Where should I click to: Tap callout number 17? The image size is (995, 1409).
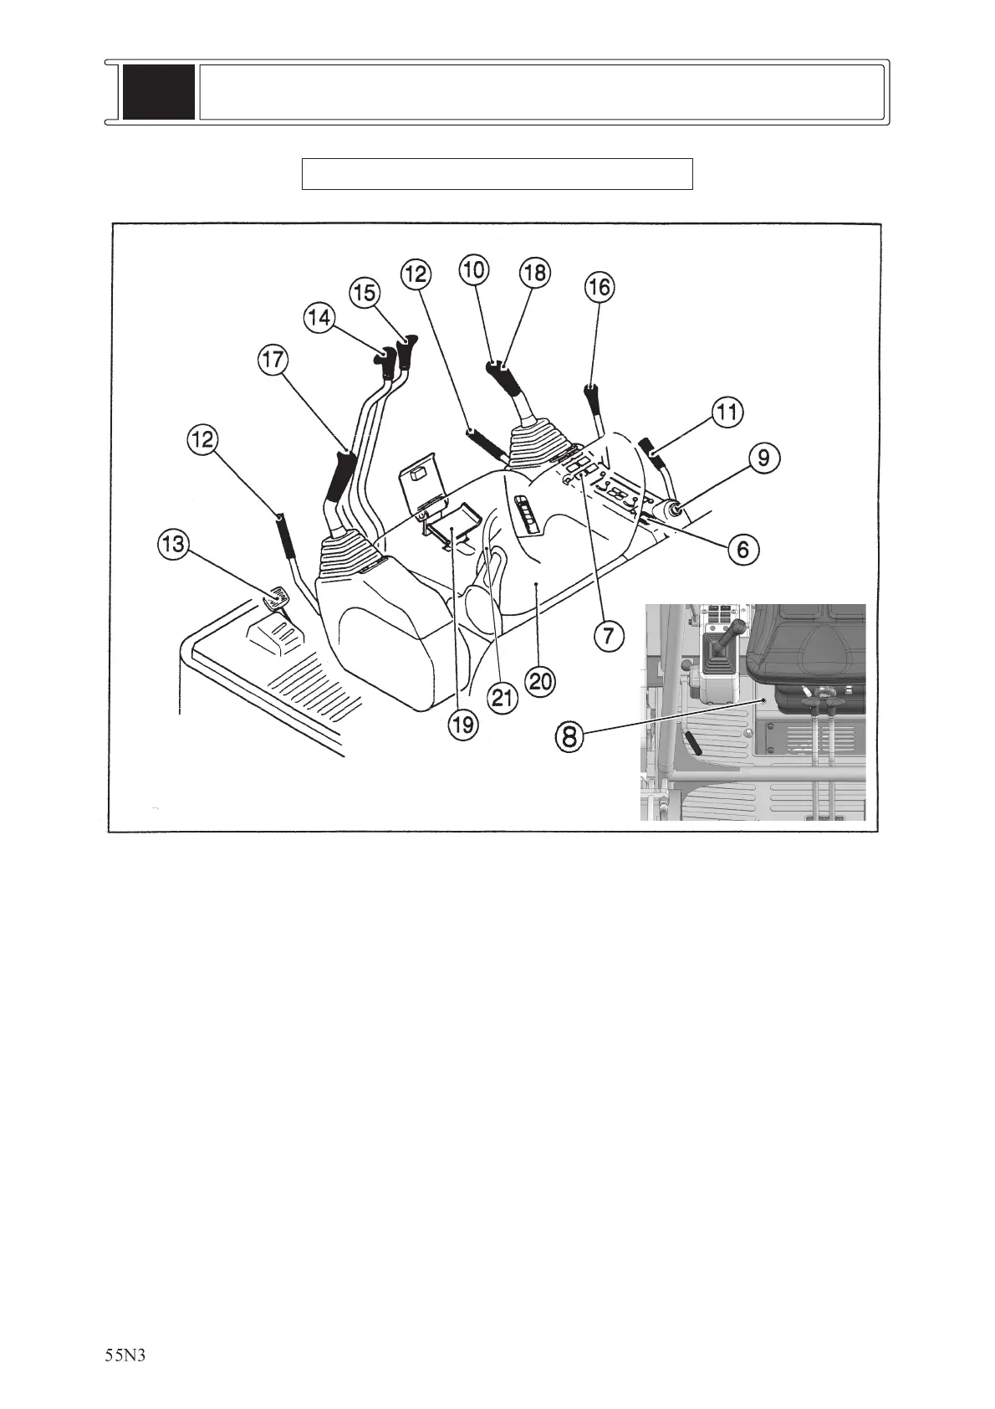point(273,361)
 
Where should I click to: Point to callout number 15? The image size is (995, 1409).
point(364,292)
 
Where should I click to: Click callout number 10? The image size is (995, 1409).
point(474,269)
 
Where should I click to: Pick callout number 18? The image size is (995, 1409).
point(535,272)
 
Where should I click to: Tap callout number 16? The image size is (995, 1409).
point(599,287)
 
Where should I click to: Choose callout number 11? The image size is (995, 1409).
point(727,412)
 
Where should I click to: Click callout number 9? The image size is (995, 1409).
point(765,458)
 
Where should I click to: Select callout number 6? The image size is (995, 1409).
point(743,549)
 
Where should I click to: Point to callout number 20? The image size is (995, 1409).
point(541,681)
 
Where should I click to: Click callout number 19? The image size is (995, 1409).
point(463,725)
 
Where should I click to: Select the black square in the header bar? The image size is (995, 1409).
point(159,92)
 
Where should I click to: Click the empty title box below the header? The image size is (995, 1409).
point(497,173)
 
